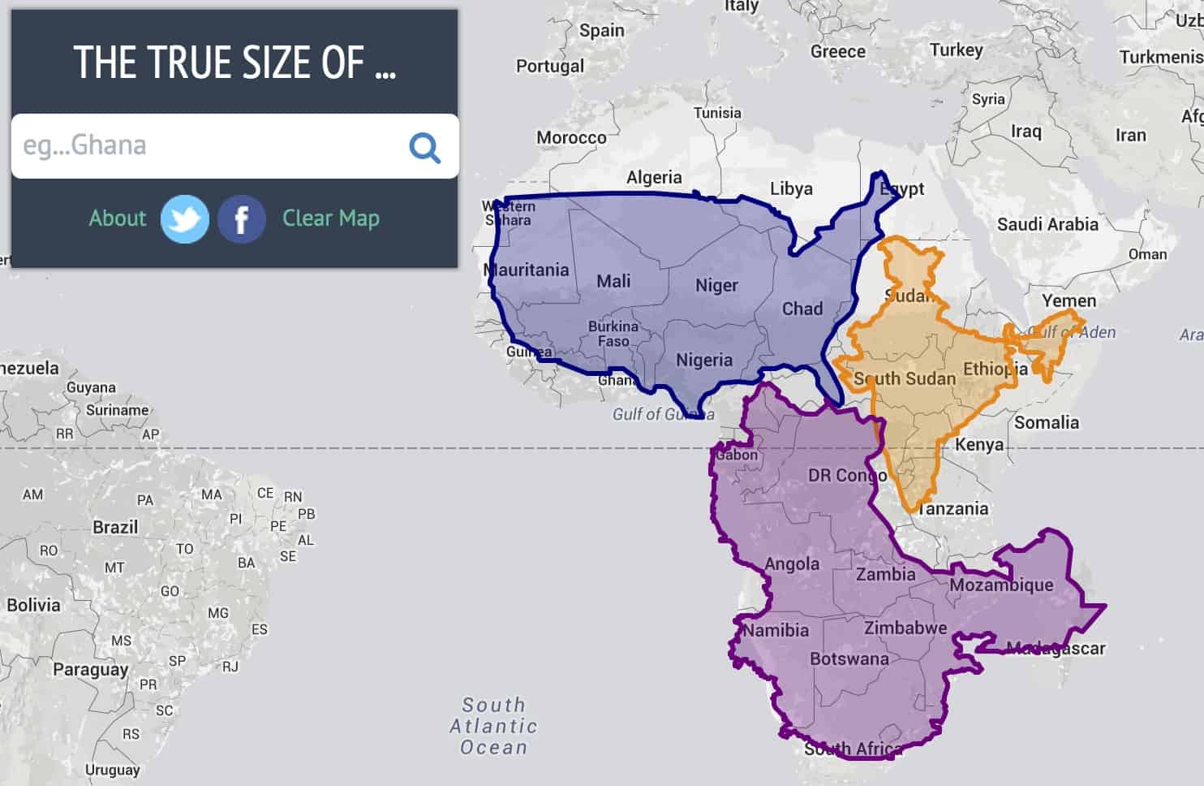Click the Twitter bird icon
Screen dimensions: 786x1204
pos(184,219)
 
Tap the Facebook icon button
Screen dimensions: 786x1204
pos(241,219)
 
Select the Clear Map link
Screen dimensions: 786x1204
pos(330,218)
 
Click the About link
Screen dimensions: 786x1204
pos(118,218)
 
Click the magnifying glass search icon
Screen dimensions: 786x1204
pos(424,147)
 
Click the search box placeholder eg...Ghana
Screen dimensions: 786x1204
pos(85,145)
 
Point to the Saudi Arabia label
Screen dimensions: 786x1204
pos(1047,224)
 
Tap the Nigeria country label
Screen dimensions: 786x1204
pos(703,360)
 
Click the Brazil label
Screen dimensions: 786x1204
pos(115,527)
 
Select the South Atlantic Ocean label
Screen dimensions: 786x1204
pos(493,726)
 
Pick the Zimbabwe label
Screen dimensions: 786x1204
pos(905,628)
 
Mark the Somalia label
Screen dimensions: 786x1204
pos(1046,422)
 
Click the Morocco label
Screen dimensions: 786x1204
pos(571,138)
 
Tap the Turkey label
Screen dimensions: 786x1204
pos(956,50)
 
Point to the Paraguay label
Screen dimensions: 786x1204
pos(90,670)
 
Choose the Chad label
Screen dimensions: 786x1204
pos(802,309)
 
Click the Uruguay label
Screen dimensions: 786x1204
pos(112,770)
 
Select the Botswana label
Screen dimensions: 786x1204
pos(849,659)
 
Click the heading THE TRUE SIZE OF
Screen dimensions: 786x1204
pos(234,63)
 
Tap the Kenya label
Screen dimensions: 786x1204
pos(978,445)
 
